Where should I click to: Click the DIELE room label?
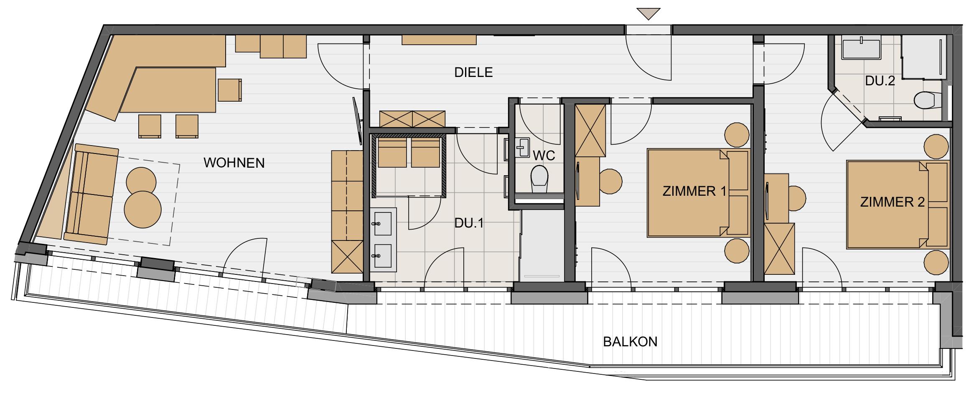point(473,72)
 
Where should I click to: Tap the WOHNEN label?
point(234,163)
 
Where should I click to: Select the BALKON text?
point(630,342)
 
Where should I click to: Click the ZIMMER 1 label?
point(694,191)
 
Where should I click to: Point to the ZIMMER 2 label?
point(893,202)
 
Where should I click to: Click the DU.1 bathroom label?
point(469,223)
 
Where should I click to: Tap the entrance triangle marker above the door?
point(648,14)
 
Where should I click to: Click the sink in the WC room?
point(522,147)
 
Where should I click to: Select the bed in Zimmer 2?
point(898,204)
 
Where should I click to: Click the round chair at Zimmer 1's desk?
point(610,182)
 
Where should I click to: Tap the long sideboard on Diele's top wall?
point(439,40)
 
